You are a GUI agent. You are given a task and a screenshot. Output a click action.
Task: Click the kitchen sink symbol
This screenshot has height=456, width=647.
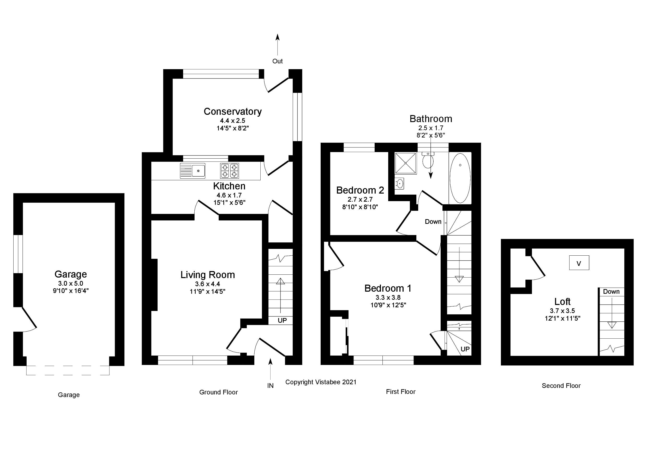point(193,171)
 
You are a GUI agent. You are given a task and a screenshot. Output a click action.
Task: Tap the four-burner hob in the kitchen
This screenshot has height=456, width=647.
point(229,171)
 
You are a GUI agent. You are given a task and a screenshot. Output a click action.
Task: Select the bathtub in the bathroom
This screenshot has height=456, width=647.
point(460,178)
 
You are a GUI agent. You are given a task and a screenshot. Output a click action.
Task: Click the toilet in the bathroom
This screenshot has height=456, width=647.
point(428,160)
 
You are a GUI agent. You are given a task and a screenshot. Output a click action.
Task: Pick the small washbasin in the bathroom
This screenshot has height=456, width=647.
point(399,183)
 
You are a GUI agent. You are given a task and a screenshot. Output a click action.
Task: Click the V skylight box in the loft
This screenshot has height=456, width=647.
point(579,263)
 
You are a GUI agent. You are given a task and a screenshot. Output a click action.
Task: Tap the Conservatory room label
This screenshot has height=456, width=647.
point(232,111)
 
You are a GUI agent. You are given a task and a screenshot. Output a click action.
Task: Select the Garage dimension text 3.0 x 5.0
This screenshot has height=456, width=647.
point(70,283)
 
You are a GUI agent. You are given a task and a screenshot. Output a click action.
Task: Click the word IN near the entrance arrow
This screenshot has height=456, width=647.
point(270,386)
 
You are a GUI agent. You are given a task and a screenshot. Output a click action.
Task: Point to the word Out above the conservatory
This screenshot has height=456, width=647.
point(277,61)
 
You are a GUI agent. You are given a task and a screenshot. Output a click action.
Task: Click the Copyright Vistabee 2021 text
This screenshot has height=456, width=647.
point(321,382)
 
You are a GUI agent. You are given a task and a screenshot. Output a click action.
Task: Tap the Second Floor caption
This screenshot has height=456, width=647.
point(561,386)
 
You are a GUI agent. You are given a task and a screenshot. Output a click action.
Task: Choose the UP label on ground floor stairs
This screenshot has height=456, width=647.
point(282,320)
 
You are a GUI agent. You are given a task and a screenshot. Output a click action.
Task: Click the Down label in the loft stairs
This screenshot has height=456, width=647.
point(611,292)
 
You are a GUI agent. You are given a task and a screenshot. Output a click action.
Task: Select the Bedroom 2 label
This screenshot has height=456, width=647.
point(360,190)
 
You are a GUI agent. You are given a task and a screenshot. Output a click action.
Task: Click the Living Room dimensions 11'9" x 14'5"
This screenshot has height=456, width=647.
point(207,291)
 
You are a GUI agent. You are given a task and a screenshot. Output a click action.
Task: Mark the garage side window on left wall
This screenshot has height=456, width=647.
point(18,254)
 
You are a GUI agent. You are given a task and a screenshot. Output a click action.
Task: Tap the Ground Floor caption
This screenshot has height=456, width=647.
point(218,392)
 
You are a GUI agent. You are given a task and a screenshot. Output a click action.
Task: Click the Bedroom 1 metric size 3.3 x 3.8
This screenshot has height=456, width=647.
point(388,297)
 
